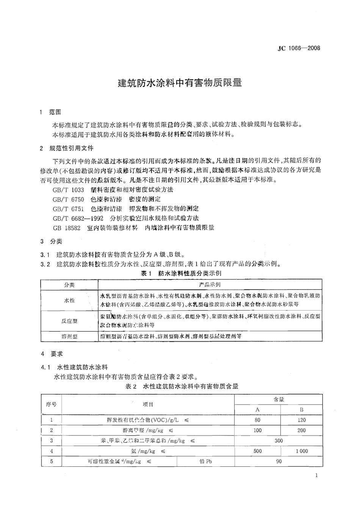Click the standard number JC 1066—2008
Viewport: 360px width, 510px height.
click(x=299, y=48)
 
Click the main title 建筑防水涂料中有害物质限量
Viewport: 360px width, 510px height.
click(x=180, y=83)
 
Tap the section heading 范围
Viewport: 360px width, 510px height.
click(x=55, y=112)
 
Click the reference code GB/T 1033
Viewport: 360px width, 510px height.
click(x=68, y=190)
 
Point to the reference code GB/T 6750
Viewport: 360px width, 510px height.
click(x=68, y=199)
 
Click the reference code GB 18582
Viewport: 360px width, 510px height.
click(x=66, y=228)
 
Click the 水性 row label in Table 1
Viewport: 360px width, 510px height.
click(x=69, y=300)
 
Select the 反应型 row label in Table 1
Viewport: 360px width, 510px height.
click(x=69, y=321)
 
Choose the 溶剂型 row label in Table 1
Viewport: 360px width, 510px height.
click(x=69, y=336)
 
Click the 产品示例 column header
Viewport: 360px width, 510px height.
click(x=210, y=285)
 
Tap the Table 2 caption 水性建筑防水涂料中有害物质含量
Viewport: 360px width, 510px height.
click(x=182, y=386)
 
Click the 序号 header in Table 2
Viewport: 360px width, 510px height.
click(x=51, y=404)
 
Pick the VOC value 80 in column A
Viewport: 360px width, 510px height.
click(x=257, y=420)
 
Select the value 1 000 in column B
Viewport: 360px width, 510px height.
click(x=302, y=451)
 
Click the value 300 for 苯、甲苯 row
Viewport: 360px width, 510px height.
click(x=279, y=441)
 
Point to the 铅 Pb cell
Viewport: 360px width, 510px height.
click(x=205, y=461)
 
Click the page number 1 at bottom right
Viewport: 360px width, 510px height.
click(x=316, y=476)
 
